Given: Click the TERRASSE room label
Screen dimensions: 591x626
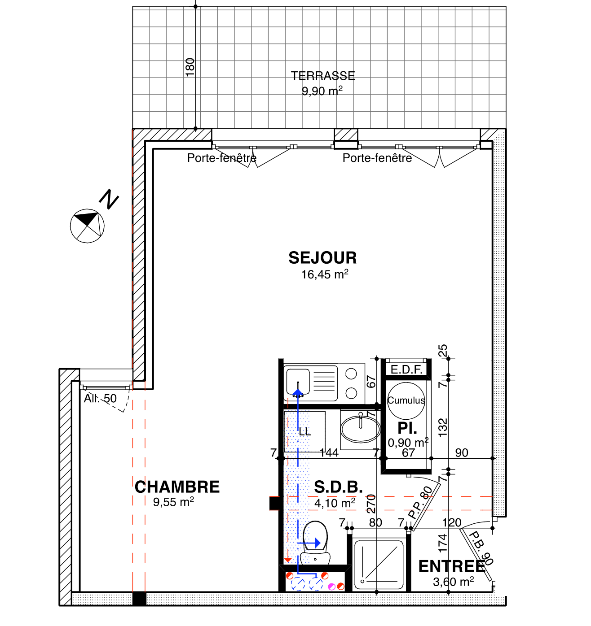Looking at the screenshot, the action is [322, 76].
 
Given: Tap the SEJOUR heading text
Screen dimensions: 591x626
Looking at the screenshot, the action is [322, 258].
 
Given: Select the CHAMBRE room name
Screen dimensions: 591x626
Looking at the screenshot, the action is [177, 487].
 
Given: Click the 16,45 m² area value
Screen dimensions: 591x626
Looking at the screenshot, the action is [325, 274].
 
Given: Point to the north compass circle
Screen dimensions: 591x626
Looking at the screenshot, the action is [87, 226].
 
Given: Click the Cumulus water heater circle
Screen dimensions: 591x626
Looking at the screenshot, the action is [406, 401].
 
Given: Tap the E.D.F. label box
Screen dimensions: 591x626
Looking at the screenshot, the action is [406, 370].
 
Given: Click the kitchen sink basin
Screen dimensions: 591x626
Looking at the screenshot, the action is [298, 382].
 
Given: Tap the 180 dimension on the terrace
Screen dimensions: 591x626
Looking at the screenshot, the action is [190, 67].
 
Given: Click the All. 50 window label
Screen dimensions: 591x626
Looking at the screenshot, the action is [100, 399].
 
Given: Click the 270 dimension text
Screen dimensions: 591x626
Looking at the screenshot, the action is [371, 504].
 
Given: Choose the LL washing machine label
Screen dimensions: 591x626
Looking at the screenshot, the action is [304, 431].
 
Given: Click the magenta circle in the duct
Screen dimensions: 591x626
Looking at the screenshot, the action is [331, 587].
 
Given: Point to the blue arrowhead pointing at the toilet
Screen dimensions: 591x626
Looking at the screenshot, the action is [318, 543].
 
